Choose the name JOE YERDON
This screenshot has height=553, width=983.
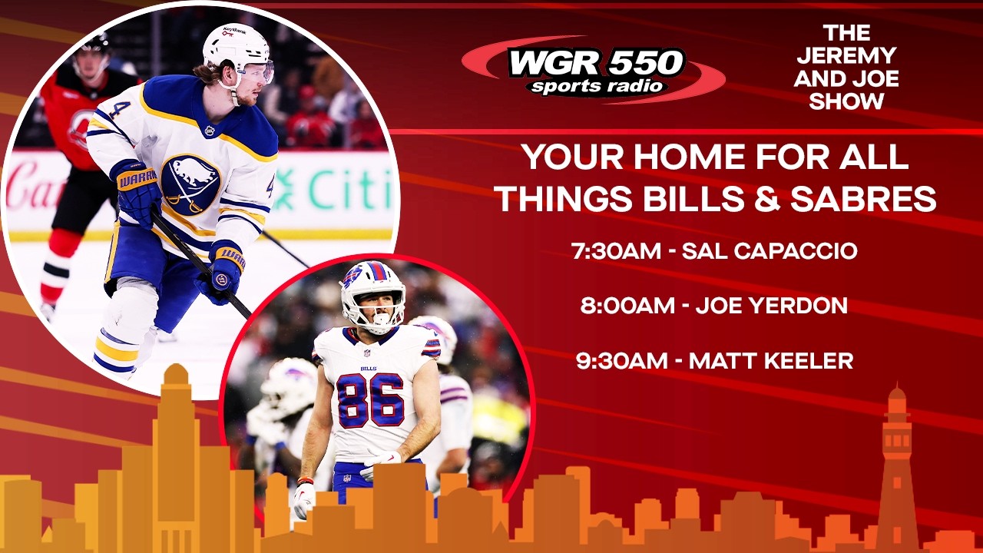[771, 306]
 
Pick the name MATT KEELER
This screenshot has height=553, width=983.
[770, 361]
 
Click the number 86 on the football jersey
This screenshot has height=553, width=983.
[370, 399]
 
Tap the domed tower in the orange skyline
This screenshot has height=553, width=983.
[176, 430]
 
